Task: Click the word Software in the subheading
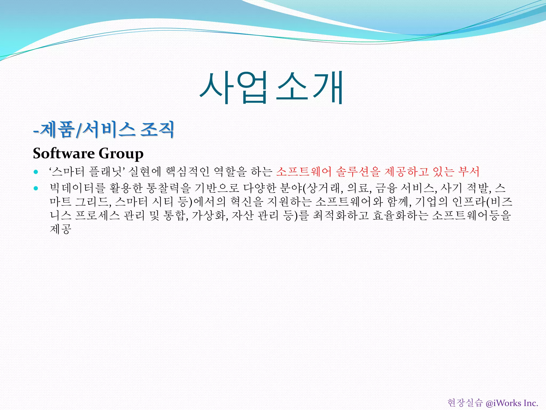(63, 153)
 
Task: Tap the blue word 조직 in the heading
(157, 129)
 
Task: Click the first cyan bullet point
(36, 172)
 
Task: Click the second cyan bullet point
(36, 188)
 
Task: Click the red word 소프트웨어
(304, 172)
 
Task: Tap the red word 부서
(469, 172)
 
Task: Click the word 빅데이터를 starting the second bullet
(78, 188)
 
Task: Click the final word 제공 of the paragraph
(61, 229)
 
